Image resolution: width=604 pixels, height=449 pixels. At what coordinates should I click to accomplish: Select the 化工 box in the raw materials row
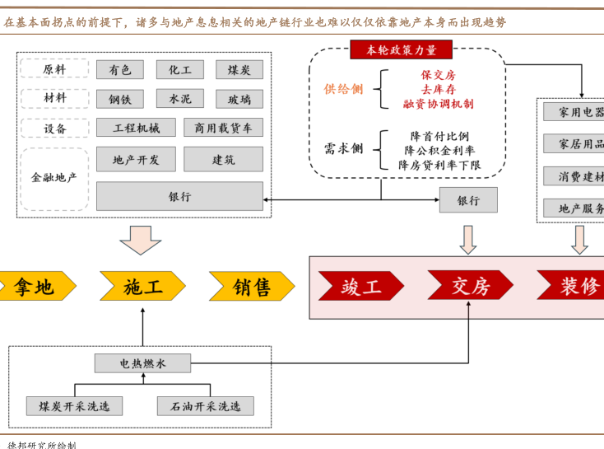(x=179, y=70)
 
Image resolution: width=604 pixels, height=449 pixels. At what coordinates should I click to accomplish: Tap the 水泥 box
(x=179, y=99)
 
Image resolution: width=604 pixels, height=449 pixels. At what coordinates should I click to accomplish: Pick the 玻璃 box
(x=239, y=99)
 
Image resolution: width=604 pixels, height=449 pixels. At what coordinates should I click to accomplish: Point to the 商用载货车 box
(x=224, y=128)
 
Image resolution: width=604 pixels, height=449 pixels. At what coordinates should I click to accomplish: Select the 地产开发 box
(x=137, y=159)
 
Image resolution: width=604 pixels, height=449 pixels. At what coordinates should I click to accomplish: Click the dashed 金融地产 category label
(x=54, y=176)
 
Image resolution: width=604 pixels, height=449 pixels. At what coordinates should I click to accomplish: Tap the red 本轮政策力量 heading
(x=402, y=50)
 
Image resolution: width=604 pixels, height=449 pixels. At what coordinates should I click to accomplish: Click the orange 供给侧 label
(x=343, y=89)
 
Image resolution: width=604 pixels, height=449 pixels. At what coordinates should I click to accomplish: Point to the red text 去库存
(x=439, y=89)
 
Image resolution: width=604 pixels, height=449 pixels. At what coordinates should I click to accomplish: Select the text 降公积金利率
(x=439, y=151)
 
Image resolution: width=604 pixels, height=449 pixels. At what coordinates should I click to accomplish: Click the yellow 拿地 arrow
(x=35, y=287)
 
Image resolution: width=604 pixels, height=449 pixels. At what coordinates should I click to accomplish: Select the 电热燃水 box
(x=142, y=362)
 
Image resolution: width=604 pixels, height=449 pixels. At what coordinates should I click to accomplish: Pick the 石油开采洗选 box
(x=206, y=406)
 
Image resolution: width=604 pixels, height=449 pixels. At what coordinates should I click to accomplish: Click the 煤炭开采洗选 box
(x=74, y=406)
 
